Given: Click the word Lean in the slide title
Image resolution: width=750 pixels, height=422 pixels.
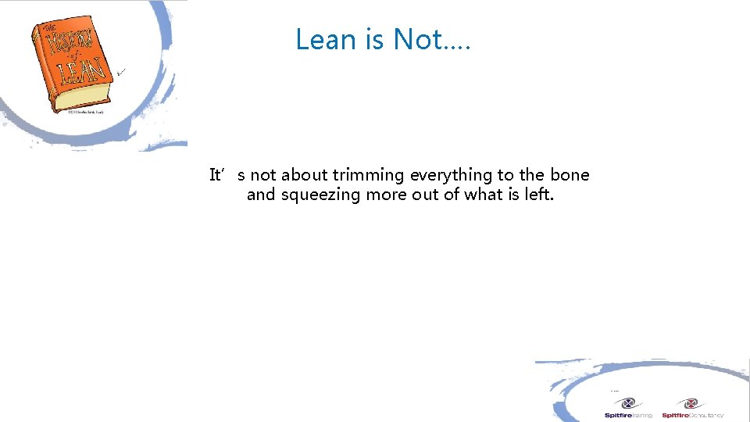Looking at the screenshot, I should tap(325, 39).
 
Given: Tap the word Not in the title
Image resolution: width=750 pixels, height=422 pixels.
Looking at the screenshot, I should tap(419, 39).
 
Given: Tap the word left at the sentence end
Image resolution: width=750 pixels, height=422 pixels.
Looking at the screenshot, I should tap(539, 195).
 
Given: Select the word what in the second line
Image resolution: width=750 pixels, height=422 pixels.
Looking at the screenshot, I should tap(484, 195).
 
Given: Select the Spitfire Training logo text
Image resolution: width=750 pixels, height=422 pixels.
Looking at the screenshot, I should tap(628, 415).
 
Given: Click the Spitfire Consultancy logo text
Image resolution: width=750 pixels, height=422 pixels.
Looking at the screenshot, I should tap(692, 415).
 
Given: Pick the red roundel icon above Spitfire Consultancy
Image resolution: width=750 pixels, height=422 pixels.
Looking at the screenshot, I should tap(690, 403).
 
